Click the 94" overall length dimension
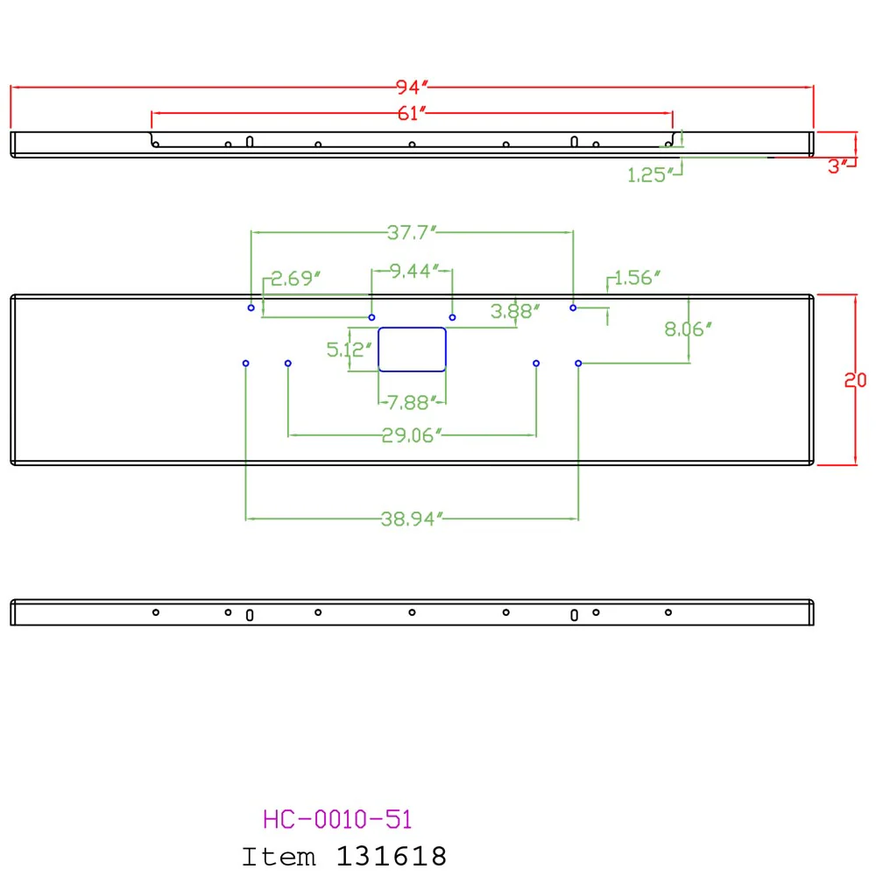pyautogui.click(x=412, y=87)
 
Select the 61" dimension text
pyautogui.click(x=412, y=113)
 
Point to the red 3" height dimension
pyautogui.click(x=837, y=166)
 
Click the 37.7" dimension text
pyautogui.click(x=412, y=232)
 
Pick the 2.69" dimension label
pyautogui.click(x=295, y=279)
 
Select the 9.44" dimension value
pyautogui.click(x=414, y=271)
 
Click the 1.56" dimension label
pyautogui.click(x=638, y=278)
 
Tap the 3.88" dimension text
pyautogui.click(x=515, y=311)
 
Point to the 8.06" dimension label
pyautogui.click(x=688, y=329)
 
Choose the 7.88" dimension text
pyautogui.click(x=412, y=402)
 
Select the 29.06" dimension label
pyautogui.click(x=412, y=435)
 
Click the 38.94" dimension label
pyautogui.click(x=412, y=519)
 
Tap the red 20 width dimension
pyautogui.click(x=855, y=380)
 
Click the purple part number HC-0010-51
pyautogui.click(x=337, y=820)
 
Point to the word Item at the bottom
pyautogui.click(x=279, y=857)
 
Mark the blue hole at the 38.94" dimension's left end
pyautogui.click(x=246, y=364)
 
